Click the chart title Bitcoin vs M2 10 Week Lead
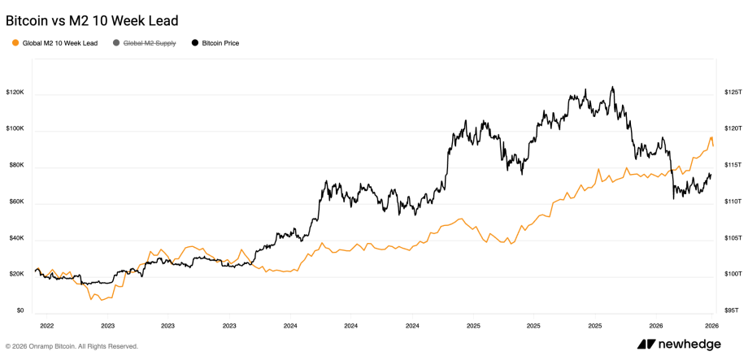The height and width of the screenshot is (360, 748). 92,20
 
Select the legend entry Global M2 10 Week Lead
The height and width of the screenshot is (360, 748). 59,43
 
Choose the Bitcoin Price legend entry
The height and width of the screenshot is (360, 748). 220,43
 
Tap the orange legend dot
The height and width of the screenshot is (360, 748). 15,43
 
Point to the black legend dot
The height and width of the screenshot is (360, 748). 194,43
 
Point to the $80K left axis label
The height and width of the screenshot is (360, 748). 15,166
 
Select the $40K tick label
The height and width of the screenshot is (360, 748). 15,239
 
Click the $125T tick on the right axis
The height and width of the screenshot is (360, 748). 732,93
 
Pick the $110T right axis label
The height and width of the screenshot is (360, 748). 732,201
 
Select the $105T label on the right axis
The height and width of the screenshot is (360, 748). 732,237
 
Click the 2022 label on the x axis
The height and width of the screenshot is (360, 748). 46,325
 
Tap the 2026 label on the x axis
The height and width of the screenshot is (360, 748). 711,325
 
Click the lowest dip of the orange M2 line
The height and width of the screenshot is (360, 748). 91,298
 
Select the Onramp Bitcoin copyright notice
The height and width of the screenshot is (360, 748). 72,346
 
